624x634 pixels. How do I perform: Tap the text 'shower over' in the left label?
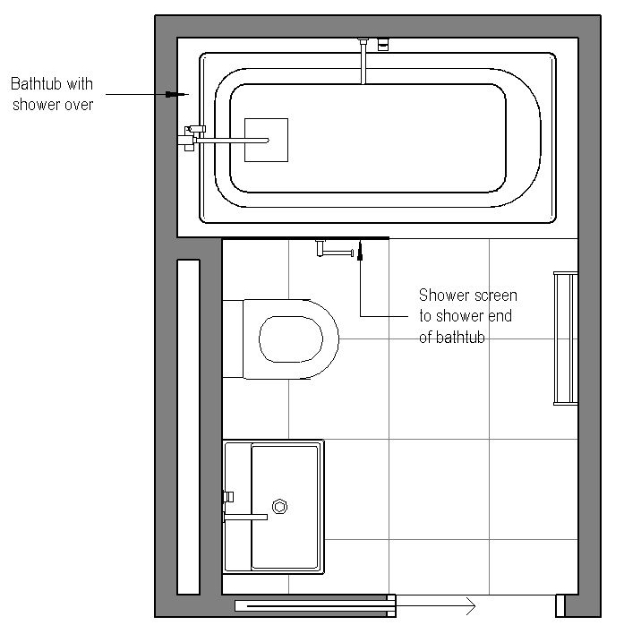point(52,104)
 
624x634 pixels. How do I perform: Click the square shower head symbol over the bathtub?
point(266,140)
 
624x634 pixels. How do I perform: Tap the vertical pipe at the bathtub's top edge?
point(363,61)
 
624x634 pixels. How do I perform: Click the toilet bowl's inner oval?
point(291,339)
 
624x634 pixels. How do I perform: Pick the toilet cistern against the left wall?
point(233,339)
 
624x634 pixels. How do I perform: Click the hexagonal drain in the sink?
point(280,507)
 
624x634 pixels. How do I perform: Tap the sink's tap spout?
point(245,516)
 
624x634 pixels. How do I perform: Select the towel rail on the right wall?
point(565,338)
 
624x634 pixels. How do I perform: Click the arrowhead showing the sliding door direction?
point(468,607)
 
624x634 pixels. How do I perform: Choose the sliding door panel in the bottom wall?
point(313,606)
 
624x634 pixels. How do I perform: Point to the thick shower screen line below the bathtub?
point(304,238)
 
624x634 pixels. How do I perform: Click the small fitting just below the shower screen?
point(333,250)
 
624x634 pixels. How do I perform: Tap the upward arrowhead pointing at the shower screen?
point(361,251)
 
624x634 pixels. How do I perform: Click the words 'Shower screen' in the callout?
point(467,295)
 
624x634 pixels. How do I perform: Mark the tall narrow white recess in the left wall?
point(188,426)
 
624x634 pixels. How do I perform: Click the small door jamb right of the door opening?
point(560,606)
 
